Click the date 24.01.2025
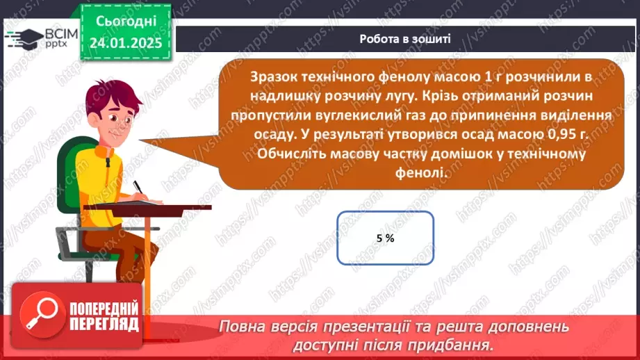[x=125, y=42]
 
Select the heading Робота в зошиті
[x=405, y=39]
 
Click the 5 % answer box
[x=385, y=238]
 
